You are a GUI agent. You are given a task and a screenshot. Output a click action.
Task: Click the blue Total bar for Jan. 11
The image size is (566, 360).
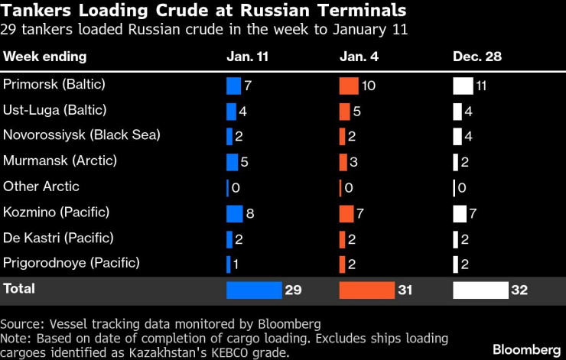pyautogui.click(x=254, y=290)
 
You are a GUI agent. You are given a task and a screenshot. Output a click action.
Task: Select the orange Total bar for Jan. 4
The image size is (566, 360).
pyautogui.click(x=366, y=290)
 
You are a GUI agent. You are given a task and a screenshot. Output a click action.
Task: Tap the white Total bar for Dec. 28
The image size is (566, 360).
pyautogui.click(x=480, y=290)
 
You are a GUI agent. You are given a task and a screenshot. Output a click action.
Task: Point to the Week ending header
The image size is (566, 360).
pyautogui.click(x=45, y=57)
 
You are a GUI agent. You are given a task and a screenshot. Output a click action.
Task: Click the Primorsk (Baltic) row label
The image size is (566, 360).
pyautogui.click(x=54, y=85)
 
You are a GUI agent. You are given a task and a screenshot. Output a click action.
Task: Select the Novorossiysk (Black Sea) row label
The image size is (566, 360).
pyautogui.click(x=82, y=135)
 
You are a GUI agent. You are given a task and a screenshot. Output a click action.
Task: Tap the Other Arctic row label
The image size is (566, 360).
pyautogui.click(x=41, y=186)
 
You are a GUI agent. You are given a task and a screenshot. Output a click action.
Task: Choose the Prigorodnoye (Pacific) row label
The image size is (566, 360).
pyautogui.click(x=72, y=263)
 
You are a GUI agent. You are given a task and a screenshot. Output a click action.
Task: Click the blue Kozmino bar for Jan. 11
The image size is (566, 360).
pyautogui.click(x=234, y=212)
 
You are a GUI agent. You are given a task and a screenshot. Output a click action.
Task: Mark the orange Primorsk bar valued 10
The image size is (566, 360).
pyautogui.click(x=349, y=86)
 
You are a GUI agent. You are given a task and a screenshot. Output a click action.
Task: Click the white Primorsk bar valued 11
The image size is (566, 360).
pyautogui.click(x=463, y=86)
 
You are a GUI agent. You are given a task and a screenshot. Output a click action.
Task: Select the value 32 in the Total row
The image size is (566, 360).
pyautogui.click(x=520, y=290)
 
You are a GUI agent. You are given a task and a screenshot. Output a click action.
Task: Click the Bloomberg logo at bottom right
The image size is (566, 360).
pyautogui.click(x=525, y=349)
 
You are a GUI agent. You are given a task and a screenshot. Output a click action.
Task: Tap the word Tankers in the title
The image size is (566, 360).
pyautogui.click(x=34, y=12)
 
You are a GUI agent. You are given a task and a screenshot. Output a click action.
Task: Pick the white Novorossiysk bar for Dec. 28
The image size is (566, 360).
pyautogui.click(x=457, y=136)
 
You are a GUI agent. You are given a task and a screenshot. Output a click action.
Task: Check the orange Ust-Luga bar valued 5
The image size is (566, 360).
pyautogui.click(x=344, y=111)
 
